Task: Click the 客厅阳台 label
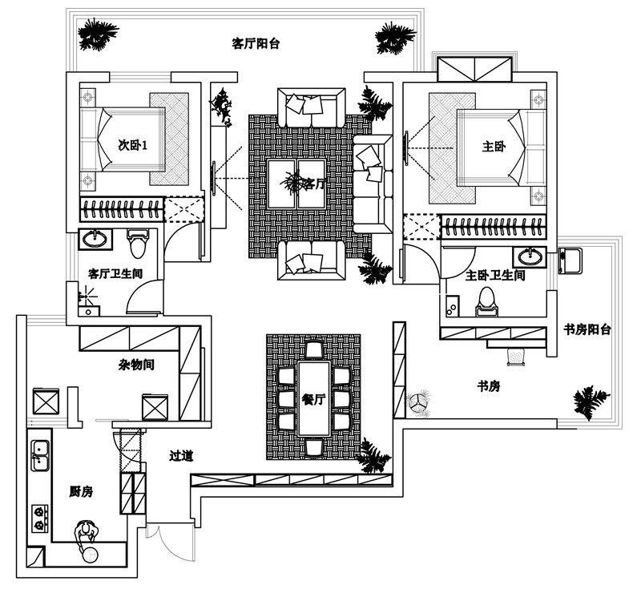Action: click(x=256, y=43)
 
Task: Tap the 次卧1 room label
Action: click(x=132, y=145)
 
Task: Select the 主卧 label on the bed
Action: click(x=494, y=146)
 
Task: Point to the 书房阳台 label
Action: click(x=587, y=329)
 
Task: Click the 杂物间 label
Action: click(x=136, y=364)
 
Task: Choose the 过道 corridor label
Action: click(x=181, y=456)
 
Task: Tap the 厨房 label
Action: click(x=81, y=492)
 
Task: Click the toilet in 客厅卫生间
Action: click(x=138, y=244)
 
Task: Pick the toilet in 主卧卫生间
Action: click(x=486, y=301)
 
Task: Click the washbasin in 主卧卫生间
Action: click(x=530, y=256)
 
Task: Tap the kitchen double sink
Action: click(x=40, y=456)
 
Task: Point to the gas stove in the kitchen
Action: click(x=39, y=518)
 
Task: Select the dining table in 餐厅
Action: click(x=314, y=398)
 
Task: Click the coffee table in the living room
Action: click(x=296, y=184)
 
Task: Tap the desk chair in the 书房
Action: click(x=516, y=357)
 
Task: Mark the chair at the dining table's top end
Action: click(x=314, y=350)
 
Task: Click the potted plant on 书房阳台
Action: click(x=591, y=401)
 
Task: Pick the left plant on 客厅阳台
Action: click(x=97, y=34)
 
